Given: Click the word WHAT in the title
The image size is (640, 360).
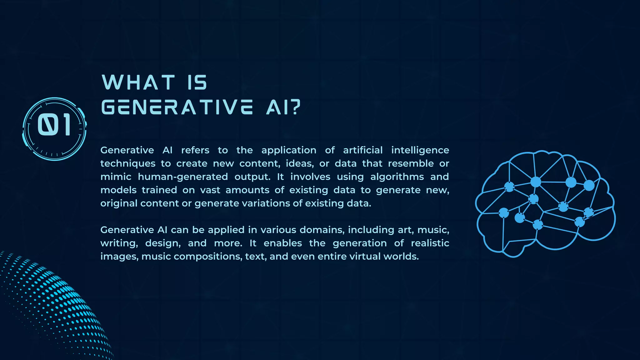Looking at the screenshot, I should (x=138, y=82).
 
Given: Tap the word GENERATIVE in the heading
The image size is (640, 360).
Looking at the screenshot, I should (x=177, y=107).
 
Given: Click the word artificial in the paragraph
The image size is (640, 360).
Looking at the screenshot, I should (x=363, y=150).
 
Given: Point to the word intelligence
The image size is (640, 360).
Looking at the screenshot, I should (x=420, y=150).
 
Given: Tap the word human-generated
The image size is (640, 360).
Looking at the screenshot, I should (x=183, y=177).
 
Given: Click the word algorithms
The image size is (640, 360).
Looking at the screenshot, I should (x=397, y=177).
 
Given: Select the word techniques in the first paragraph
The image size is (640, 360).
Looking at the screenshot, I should (x=128, y=164).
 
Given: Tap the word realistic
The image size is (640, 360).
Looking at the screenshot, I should (x=430, y=243).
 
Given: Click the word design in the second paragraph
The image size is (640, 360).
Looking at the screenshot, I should (x=163, y=243).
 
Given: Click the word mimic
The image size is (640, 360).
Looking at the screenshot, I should (x=116, y=177).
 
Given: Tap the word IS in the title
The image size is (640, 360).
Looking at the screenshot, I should (x=197, y=82).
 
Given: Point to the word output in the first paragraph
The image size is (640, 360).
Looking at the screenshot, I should (x=252, y=177).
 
